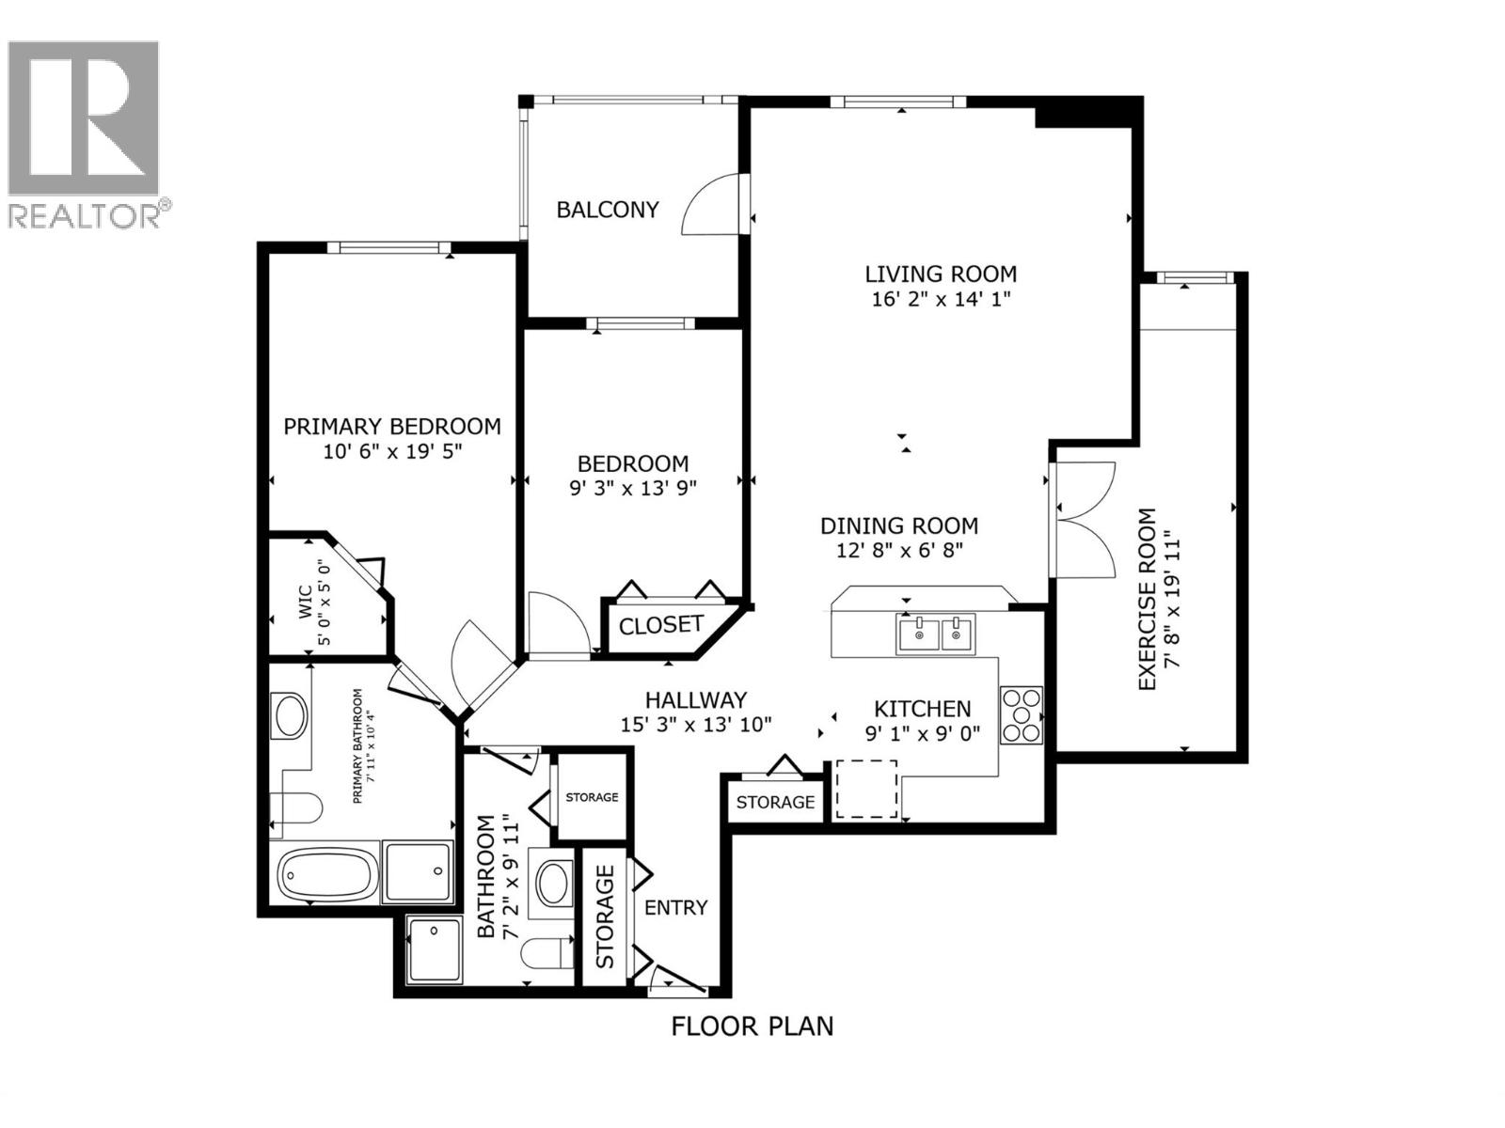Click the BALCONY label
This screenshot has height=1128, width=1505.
tap(608, 210)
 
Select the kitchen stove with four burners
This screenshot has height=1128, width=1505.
tap(1021, 716)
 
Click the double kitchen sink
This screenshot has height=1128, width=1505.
tap(936, 634)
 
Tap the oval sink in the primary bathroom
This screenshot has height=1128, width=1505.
tap(289, 716)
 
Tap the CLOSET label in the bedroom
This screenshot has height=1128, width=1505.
tap(660, 625)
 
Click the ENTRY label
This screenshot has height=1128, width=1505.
tap(675, 908)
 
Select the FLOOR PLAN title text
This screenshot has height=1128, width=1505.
tap(752, 1026)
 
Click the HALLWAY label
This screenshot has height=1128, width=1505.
tap(696, 700)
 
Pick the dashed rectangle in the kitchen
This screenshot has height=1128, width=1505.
tap(866, 789)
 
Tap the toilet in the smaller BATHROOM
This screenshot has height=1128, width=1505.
tap(547, 953)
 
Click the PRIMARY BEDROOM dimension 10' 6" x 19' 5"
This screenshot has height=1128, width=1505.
tap(392, 451)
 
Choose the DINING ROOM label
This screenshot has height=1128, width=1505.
tap(899, 526)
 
